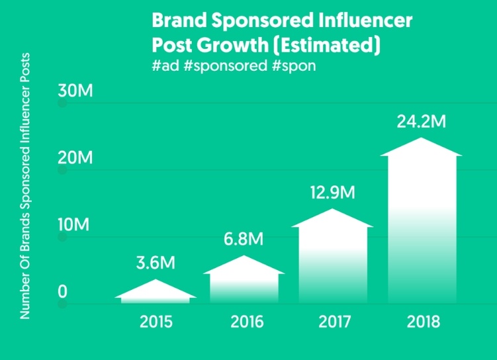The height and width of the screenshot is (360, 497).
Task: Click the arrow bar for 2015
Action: [156, 292]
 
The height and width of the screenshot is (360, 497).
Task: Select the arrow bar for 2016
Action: [244, 279]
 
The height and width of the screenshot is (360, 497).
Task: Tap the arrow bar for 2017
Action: [332, 256]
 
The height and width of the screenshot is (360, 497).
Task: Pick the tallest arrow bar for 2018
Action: [422, 220]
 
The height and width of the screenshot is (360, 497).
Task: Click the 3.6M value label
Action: [156, 263]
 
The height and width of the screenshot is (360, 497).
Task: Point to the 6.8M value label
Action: [244, 239]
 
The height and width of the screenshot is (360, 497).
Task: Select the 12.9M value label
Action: [332, 193]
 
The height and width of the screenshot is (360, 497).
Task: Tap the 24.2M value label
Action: [422, 121]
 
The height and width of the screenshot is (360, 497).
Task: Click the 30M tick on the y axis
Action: [75, 91]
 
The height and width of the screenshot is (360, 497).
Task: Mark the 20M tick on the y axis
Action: [75, 157]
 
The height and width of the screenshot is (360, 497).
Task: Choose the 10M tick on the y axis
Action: [73, 224]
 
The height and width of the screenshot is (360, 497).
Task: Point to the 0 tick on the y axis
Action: [62, 292]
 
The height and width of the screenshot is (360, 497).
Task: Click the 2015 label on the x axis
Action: [156, 322]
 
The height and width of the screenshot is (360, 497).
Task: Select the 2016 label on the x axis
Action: [247, 322]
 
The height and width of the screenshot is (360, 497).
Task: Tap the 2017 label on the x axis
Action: [335, 322]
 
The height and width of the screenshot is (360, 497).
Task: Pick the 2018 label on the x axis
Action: [424, 322]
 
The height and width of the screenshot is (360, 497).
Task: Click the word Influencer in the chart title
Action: [365, 21]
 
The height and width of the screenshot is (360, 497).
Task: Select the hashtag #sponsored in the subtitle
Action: [225, 66]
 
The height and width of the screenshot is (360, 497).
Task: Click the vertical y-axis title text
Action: [24, 186]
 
